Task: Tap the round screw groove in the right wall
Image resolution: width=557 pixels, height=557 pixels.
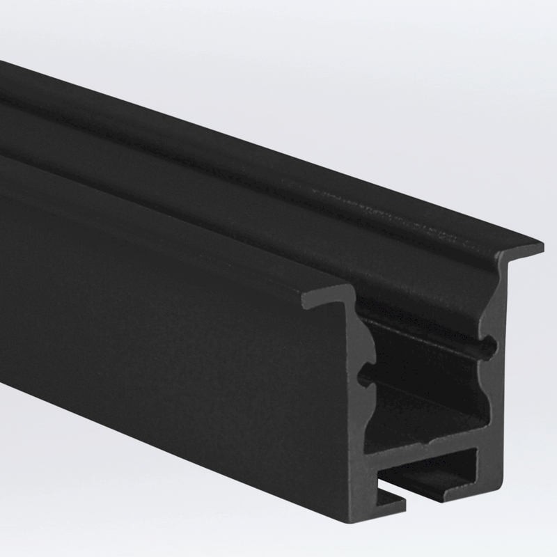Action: pos(492,344)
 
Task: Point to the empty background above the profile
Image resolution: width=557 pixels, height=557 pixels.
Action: pos(348,70)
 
